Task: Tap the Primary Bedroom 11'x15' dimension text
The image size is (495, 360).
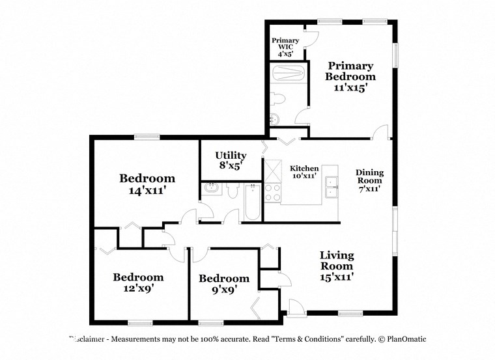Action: [x=350, y=87]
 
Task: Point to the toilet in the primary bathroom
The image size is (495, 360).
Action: [x=279, y=98]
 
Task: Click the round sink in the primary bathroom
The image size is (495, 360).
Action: [x=274, y=118]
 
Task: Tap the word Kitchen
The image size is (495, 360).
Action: [x=304, y=167]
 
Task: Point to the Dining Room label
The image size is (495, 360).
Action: [x=369, y=176]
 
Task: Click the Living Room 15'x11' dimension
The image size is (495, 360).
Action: [x=336, y=276]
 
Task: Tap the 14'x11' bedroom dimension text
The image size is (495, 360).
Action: [x=147, y=191]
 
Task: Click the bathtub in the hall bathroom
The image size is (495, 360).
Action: [x=251, y=202]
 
